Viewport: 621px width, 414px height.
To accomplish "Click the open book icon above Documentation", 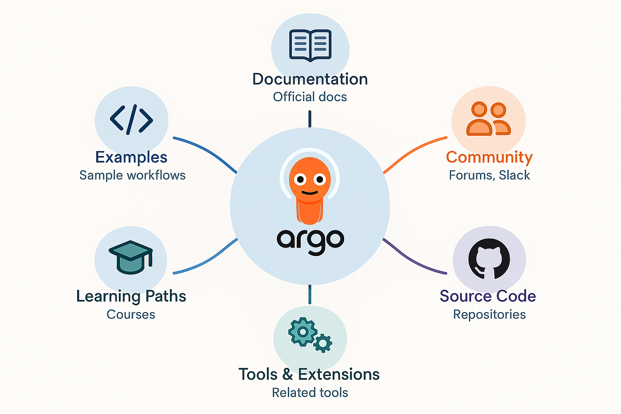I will click(310, 45).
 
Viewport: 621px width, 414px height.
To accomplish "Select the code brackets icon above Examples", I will click(131, 120).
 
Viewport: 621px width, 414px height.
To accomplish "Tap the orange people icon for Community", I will click(488, 118).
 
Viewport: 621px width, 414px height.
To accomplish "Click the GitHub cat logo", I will click(489, 259).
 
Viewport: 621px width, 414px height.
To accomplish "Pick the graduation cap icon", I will click(131, 257).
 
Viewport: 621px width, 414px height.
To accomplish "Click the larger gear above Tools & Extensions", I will click(303, 331).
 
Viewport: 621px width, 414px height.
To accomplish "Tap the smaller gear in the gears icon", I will click(323, 343).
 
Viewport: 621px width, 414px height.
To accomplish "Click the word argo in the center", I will click(310, 241).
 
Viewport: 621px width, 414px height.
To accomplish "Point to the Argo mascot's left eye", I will click(300, 180).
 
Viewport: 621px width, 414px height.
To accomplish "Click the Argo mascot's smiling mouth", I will click(310, 193).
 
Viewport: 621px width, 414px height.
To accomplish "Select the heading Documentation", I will click(310, 79).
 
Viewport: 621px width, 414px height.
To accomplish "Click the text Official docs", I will click(310, 97).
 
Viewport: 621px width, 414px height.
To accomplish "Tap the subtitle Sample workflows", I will click(132, 175).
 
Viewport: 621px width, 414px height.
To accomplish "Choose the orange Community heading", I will click(489, 157).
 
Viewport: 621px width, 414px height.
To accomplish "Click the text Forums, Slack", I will click(489, 175).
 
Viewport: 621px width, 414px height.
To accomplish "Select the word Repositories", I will click(489, 315).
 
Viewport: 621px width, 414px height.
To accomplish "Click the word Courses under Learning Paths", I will click(131, 315).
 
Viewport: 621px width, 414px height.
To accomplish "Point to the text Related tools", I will click(310, 393).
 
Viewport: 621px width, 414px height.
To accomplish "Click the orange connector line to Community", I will click(413, 150).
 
